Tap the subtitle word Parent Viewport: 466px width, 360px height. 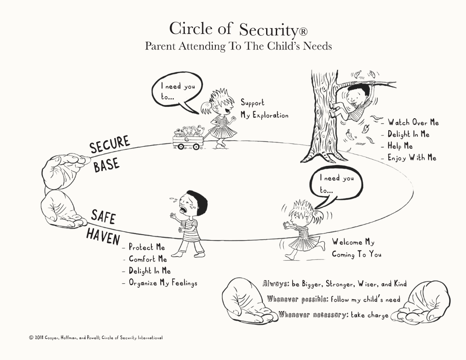tap(160, 46)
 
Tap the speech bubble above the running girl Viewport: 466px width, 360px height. tap(337, 184)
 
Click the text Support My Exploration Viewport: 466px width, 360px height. tap(264, 109)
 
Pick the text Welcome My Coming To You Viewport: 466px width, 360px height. tap(356, 248)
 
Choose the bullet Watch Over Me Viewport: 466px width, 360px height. tap(413, 123)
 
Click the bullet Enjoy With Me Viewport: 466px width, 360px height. tap(412, 157)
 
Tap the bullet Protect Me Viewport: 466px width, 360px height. tap(147, 247)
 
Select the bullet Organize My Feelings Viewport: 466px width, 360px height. tap(163, 283)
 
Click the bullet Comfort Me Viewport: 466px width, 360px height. tap(148, 259)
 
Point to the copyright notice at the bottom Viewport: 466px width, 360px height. tap(96, 337)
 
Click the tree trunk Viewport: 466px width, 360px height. tap(324, 119)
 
